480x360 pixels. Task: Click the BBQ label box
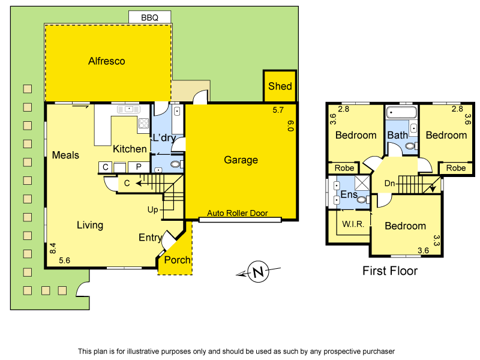point(149,17)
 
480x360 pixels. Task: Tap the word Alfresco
point(106,61)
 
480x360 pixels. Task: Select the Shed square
point(280,86)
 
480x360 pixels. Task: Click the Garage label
point(241,160)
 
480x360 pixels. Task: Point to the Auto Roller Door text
point(237,213)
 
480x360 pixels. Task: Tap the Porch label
point(177,260)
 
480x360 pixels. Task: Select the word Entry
point(150,238)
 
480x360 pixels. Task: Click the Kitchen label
point(130,149)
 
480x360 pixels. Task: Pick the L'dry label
point(163,137)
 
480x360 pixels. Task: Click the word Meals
point(65,155)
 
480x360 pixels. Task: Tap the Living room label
point(90,225)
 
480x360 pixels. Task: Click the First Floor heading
point(390,271)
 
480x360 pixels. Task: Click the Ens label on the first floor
point(349,194)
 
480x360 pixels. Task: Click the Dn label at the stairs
point(389,183)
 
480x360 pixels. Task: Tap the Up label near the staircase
point(153,209)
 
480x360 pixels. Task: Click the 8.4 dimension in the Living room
point(53,247)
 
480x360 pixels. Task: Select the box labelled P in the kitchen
point(139,167)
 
